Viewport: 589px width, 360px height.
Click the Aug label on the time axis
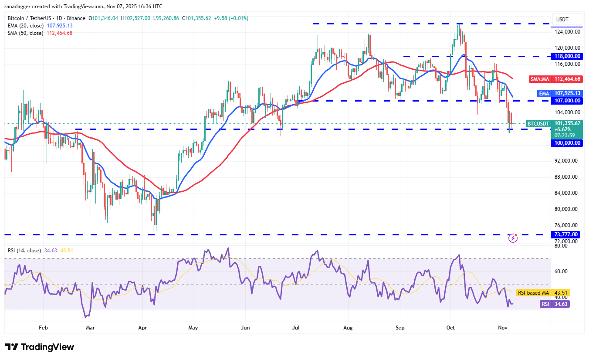tap(347, 327)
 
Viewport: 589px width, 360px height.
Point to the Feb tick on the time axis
tap(43, 327)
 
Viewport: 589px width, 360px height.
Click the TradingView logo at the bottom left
tap(40, 347)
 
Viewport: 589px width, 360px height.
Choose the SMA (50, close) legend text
tap(25, 33)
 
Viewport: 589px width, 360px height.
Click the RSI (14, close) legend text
tap(24, 251)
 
